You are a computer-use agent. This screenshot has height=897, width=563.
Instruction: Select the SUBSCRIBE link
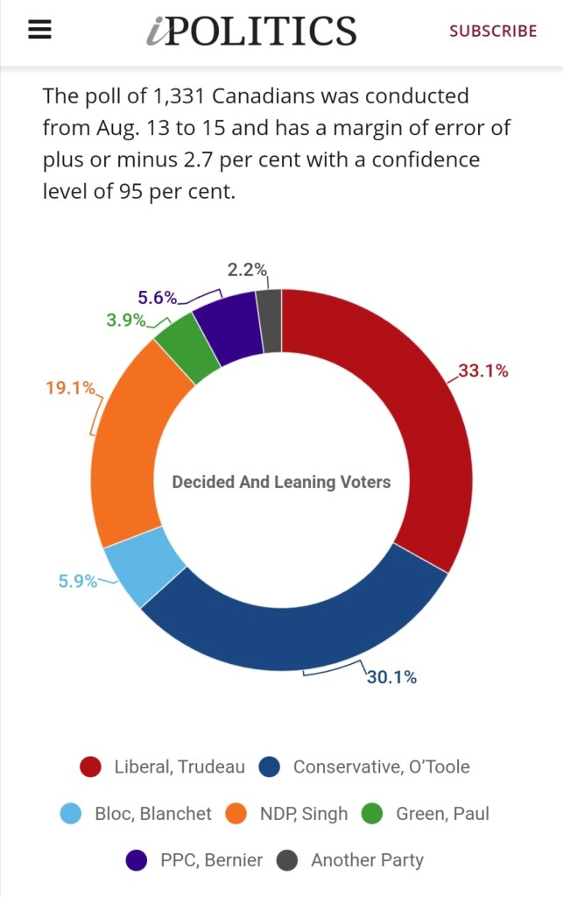click(493, 31)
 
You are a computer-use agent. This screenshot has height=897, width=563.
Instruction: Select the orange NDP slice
click(131, 447)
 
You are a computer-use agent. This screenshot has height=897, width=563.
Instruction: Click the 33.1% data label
click(483, 371)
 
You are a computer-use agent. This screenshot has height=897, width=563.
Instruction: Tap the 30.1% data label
click(391, 677)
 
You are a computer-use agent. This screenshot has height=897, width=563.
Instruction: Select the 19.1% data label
click(70, 387)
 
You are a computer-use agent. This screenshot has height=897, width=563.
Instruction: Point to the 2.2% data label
click(247, 270)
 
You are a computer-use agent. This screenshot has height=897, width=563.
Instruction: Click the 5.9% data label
click(78, 581)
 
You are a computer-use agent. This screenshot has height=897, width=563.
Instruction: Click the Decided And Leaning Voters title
click(281, 482)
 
